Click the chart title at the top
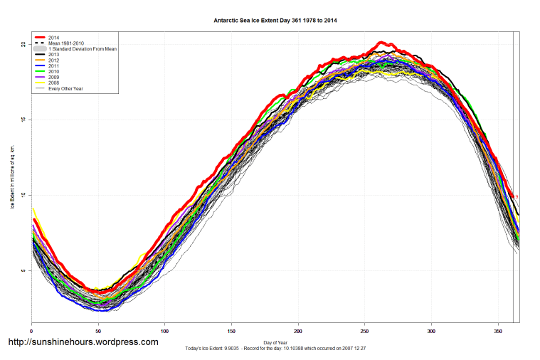[275, 21]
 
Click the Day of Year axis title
[275, 343]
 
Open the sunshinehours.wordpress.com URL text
[83, 342]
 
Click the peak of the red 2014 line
[381, 43]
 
